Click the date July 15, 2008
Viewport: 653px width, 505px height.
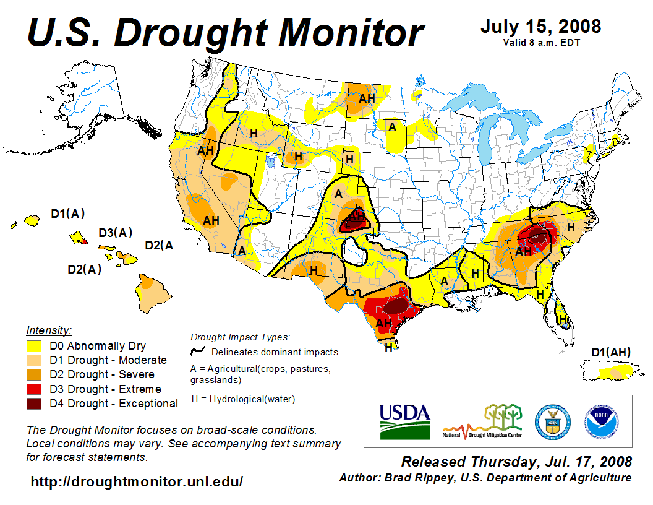pos(540,27)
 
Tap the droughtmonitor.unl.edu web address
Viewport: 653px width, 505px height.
pos(137,481)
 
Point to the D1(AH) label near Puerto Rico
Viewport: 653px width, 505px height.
pos(611,353)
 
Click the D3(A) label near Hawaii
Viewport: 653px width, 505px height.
pos(116,233)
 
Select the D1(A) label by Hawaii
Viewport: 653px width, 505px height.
pos(67,214)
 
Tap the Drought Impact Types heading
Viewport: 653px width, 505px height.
pos(240,337)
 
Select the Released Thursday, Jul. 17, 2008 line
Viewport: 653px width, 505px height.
pos(516,462)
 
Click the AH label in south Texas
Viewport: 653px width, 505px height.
pos(384,322)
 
